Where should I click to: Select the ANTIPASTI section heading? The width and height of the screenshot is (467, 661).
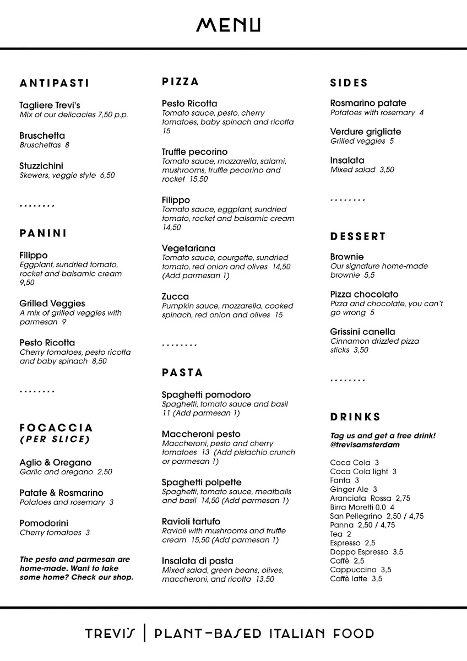point(54,84)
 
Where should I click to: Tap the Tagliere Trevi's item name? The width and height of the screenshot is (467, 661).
point(50,105)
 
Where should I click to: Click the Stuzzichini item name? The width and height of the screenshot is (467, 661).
point(41,166)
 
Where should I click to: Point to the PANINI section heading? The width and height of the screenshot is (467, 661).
point(43,233)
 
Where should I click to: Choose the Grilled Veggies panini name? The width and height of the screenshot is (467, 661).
point(52,304)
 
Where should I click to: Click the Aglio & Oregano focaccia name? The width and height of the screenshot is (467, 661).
point(55,463)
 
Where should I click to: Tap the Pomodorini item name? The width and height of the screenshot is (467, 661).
point(44,523)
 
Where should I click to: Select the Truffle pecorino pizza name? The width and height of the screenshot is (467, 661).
point(194,151)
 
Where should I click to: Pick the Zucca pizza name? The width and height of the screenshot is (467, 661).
point(175,296)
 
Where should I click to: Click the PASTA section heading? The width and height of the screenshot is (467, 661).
point(182,373)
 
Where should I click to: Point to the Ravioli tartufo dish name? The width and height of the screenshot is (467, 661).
point(191,521)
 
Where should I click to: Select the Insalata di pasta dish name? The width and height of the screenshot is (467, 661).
point(197,561)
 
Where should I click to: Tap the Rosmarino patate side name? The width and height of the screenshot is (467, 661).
point(368,103)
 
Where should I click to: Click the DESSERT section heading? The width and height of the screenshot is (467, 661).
point(358,236)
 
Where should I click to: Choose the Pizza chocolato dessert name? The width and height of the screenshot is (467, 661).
point(364,294)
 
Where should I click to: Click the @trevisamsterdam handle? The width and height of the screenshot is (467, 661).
point(365,445)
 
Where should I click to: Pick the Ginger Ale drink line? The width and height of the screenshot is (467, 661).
point(353,489)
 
